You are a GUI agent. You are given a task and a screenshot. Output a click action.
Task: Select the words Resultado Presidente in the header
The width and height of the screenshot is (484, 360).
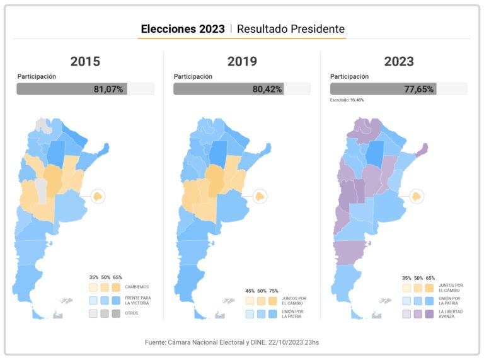(x=291, y=29)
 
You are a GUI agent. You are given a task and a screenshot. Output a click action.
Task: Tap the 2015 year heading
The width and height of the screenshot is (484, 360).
(x=85, y=61)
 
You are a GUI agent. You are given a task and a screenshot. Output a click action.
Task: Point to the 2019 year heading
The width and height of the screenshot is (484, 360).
(x=242, y=61)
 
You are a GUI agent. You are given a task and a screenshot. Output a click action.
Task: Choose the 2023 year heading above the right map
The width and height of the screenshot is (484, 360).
(x=399, y=61)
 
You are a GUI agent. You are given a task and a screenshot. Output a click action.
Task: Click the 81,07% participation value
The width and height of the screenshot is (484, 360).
(x=108, y=89)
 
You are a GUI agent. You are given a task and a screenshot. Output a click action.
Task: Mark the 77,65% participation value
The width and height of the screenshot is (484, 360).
(x=419, y=89)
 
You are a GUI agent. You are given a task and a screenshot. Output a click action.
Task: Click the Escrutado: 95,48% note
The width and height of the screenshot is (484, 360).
(x=347, y=100)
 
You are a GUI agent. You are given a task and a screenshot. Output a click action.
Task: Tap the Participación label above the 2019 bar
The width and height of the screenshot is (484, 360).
(x=193, y=76)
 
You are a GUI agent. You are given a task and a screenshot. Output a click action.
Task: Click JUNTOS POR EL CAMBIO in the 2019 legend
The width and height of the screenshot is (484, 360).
(x=294, y=301)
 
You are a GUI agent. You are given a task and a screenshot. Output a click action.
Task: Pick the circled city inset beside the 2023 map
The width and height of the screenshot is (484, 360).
(x=414, y=196)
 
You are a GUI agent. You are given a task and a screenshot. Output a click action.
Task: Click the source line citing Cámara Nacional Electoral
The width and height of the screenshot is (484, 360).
(x=242, y=342)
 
